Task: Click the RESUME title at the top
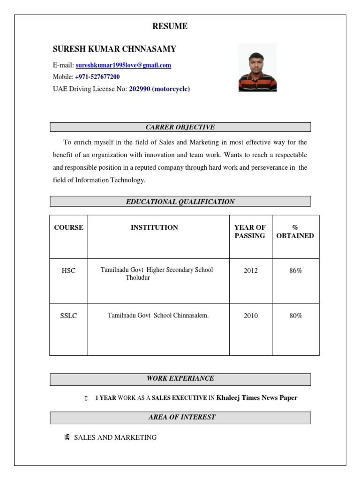[x=170, y=27]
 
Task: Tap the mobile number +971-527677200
[x=97, y=77]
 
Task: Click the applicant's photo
[x=257, y=67]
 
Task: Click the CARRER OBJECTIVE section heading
[x=180, y=127]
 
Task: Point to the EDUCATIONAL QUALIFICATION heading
[x=180, y=202]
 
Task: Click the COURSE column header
[x=68, y=228]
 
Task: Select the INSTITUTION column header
[x=154, y=228]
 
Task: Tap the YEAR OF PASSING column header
[x=250, y=232]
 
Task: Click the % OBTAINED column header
[x=295, y=232]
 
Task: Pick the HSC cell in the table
[x=68, y=271]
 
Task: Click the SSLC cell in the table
[x=68, y=316]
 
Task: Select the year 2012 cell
[x=250, y=271]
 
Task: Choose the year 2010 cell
[x=250, y=316]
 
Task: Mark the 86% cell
[x=296, y=271]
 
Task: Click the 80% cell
[x=296, y=316]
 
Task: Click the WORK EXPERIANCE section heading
[x=180, y=378]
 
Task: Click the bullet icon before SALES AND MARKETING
[x=67, y=437]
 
